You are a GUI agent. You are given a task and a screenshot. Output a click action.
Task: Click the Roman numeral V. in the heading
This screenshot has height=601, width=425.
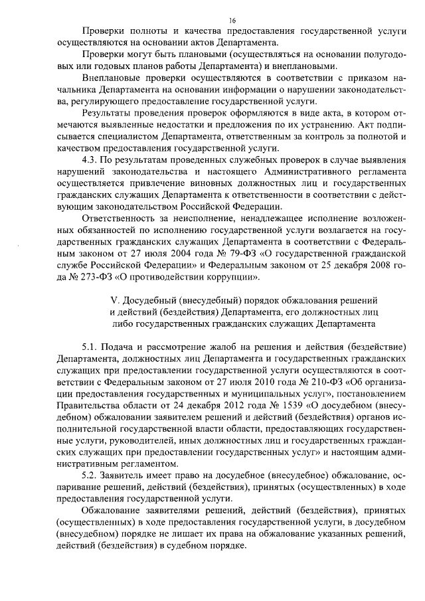point(112,300)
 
